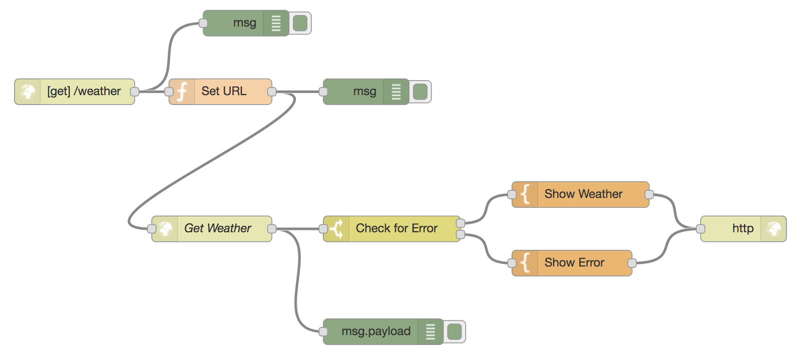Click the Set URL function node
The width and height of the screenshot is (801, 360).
coord(223,92)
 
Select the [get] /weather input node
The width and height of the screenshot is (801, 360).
coord(83,92)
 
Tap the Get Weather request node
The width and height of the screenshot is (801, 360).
coord(217,229)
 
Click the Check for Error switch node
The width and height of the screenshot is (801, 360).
coord(396,229)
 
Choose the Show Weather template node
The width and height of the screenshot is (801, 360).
coord(583,194)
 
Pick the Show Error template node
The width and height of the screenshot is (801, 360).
coord(574,263)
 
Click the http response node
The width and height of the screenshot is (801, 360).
coord(742,229)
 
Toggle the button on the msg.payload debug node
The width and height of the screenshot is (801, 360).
coord(455,331)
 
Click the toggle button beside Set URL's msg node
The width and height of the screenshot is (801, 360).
coord(421,92)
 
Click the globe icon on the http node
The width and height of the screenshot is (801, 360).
coord(773,229)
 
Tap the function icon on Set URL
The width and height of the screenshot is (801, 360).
coord(182,92)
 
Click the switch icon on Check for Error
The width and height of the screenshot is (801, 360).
coord(336,229)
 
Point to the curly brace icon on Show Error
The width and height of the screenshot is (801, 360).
coord(525,263)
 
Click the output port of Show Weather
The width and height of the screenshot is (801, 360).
coord(649,194)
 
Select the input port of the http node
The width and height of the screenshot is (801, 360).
coord(701,229)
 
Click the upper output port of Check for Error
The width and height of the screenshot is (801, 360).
coord(461,223)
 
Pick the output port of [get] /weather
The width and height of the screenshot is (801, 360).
coord(134,92)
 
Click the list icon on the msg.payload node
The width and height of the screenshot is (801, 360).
coord(430,331)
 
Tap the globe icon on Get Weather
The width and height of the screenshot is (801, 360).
coord(165,229)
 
